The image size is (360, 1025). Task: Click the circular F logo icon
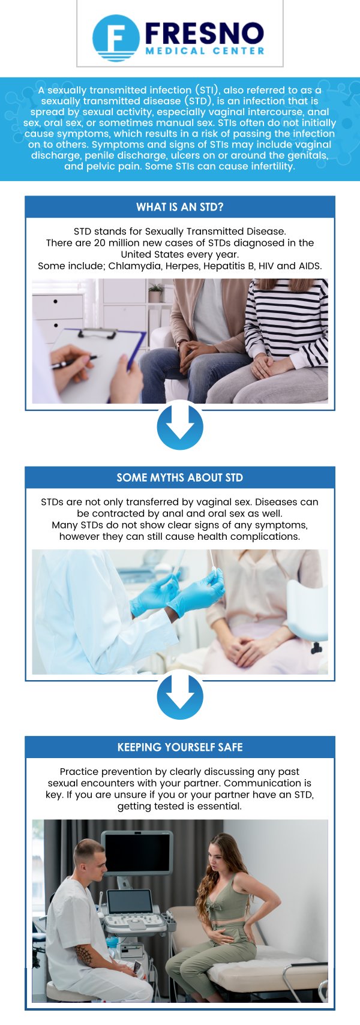[116, 38]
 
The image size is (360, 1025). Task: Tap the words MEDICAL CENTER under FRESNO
[205, 52]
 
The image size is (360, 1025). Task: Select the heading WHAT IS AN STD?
[180, 208]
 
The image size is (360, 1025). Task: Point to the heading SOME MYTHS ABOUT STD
[180, 478]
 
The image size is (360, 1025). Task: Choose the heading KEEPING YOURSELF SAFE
[180, 747]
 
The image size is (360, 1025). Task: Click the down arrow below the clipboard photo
[180, 427]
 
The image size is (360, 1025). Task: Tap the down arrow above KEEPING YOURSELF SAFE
[180, 697]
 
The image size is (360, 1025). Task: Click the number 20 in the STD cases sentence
[100, 243]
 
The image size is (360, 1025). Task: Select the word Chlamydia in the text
[134, 266]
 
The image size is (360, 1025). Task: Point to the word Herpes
[182, 266]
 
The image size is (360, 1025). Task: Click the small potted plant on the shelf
[155, 293]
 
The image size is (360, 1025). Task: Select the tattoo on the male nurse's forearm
[83, 954]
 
